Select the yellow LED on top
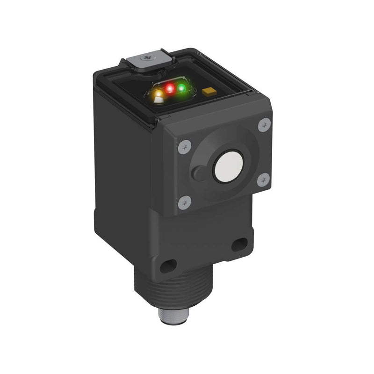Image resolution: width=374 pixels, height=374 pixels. (x=159, y=95)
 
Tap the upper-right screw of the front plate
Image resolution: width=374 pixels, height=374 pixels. (x=265, y=124)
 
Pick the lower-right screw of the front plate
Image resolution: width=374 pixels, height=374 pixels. (x=263, y=179)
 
